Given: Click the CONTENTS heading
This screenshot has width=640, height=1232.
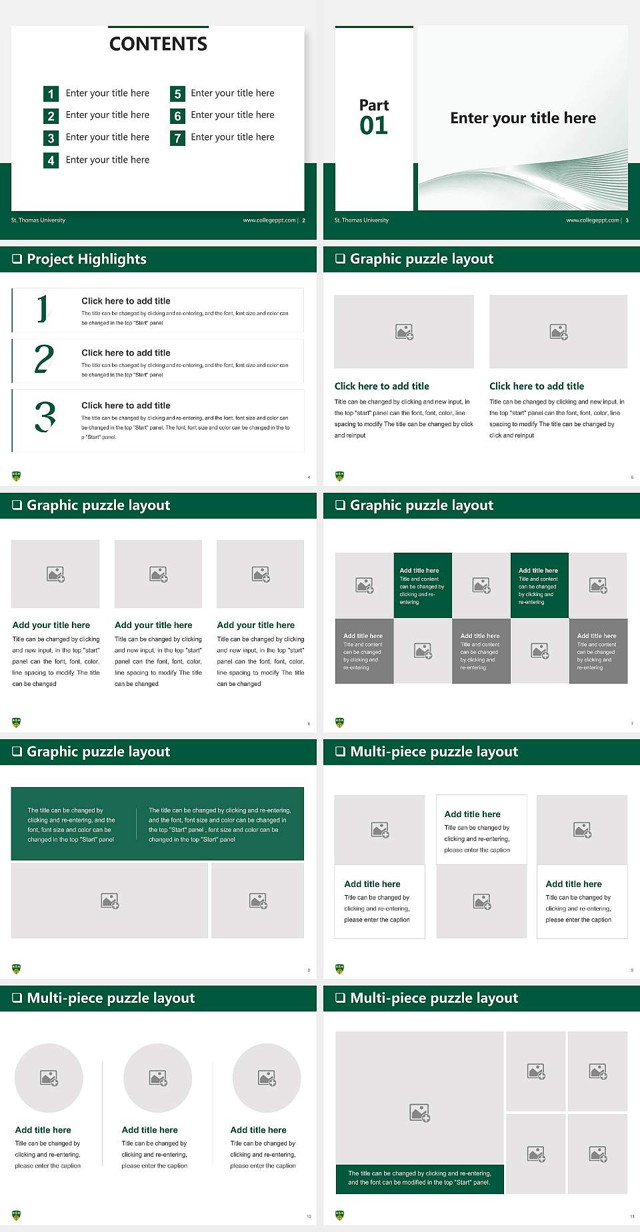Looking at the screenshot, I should [x=158, y=44].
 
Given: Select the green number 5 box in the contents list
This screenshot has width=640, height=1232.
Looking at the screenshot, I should [x=177, y=94].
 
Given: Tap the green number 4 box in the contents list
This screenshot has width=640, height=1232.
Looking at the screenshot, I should [x=51, y=160].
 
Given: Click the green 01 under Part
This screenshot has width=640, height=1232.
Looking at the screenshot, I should [x=373, y=126].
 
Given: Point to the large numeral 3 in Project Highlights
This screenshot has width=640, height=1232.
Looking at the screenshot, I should [x=45, y=418].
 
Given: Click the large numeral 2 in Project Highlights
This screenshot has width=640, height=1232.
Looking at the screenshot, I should [x=44, y=359].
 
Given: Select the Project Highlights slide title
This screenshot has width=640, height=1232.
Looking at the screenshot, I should [x=86, y=259].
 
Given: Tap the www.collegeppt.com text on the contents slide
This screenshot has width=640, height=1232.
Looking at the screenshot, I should [x=269, y=220].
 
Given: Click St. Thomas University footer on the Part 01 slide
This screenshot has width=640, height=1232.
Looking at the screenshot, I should [x=361, y=220].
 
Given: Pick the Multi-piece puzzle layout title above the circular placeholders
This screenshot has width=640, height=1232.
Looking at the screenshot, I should [x=111, y=998].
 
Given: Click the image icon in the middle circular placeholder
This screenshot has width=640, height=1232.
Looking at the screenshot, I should [x=158, y=1078].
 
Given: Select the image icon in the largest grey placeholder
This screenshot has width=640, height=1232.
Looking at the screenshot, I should [x=419, y=1112].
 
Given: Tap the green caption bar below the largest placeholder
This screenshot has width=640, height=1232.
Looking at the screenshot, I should [x=419, y=1178].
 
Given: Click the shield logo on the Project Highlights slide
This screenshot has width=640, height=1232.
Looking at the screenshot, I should [x=17, y=476].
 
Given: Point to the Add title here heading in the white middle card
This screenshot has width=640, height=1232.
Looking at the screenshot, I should [x=472, y=814].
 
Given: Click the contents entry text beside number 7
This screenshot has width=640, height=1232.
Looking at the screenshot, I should [x=232, y=137].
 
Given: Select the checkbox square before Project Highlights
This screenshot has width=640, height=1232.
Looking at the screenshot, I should [x=17, y=259].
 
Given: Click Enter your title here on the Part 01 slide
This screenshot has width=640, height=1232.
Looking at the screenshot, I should [x=523, y=119].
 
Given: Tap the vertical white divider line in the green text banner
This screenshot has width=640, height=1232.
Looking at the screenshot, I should [x=137, y=824].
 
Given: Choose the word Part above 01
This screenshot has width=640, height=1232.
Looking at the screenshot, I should [x=373, y=105].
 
